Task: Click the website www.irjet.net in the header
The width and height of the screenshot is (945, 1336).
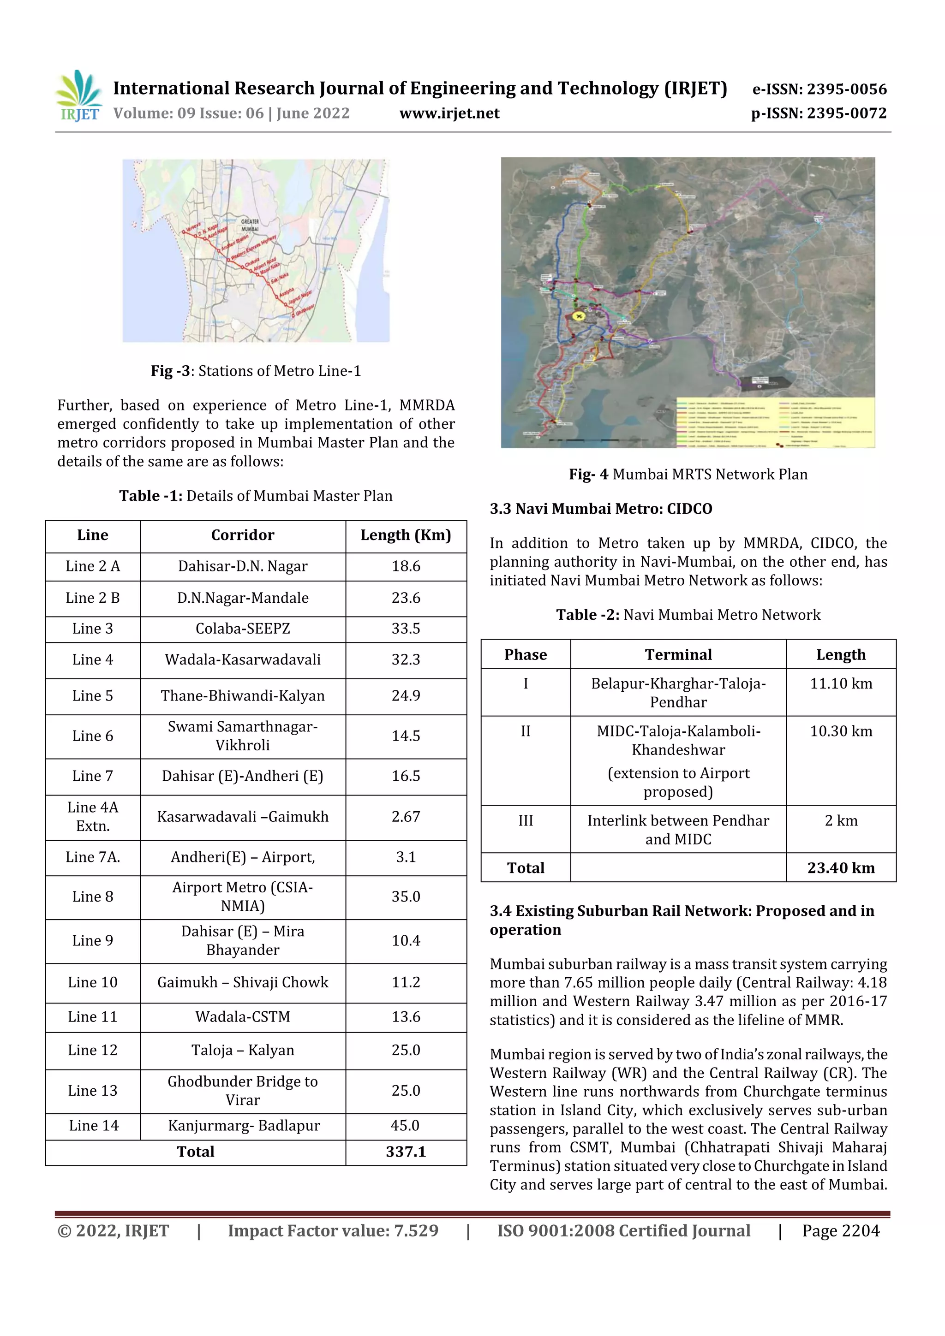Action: tap(449, 113)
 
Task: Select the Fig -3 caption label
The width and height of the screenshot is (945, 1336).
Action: tap(171, 371)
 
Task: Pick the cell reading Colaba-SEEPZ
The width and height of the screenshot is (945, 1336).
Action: tap(242, 629)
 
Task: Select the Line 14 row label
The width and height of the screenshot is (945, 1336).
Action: tap(93, 1125)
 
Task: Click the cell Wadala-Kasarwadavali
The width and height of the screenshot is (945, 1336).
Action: tap(242, 659)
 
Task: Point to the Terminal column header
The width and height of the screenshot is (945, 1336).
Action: tap(678, 654)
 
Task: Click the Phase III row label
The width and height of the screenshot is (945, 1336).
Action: tap(525, 820)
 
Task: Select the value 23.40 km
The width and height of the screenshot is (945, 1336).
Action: tap(840, 867)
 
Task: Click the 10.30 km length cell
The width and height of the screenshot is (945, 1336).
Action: tap(840, 731)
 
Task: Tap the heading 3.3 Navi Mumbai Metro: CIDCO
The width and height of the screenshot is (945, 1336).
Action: tap(600, 509)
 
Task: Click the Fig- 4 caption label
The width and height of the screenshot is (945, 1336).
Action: tap(588, 474)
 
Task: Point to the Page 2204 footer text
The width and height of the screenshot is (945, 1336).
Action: tap(840, 1231)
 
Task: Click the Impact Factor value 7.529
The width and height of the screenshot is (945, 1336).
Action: tap(333, 1231)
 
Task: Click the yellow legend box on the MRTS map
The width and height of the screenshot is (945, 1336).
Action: tap(774, 422)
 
